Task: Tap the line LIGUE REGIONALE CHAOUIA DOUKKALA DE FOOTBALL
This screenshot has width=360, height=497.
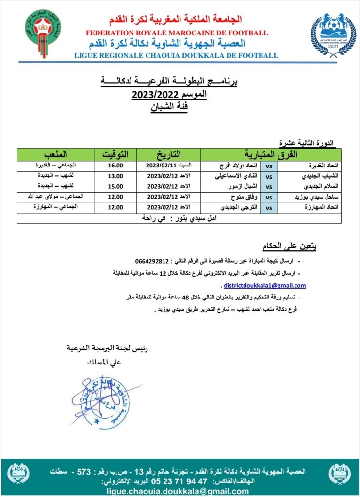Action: [176, 55]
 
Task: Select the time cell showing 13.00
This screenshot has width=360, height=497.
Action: [115, 176]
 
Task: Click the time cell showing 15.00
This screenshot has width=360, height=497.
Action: [115, 186]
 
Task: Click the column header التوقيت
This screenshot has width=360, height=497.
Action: [115, 155]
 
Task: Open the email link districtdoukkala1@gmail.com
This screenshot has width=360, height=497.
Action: [265, 285]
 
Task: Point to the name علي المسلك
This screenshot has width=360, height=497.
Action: [105, 362]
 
